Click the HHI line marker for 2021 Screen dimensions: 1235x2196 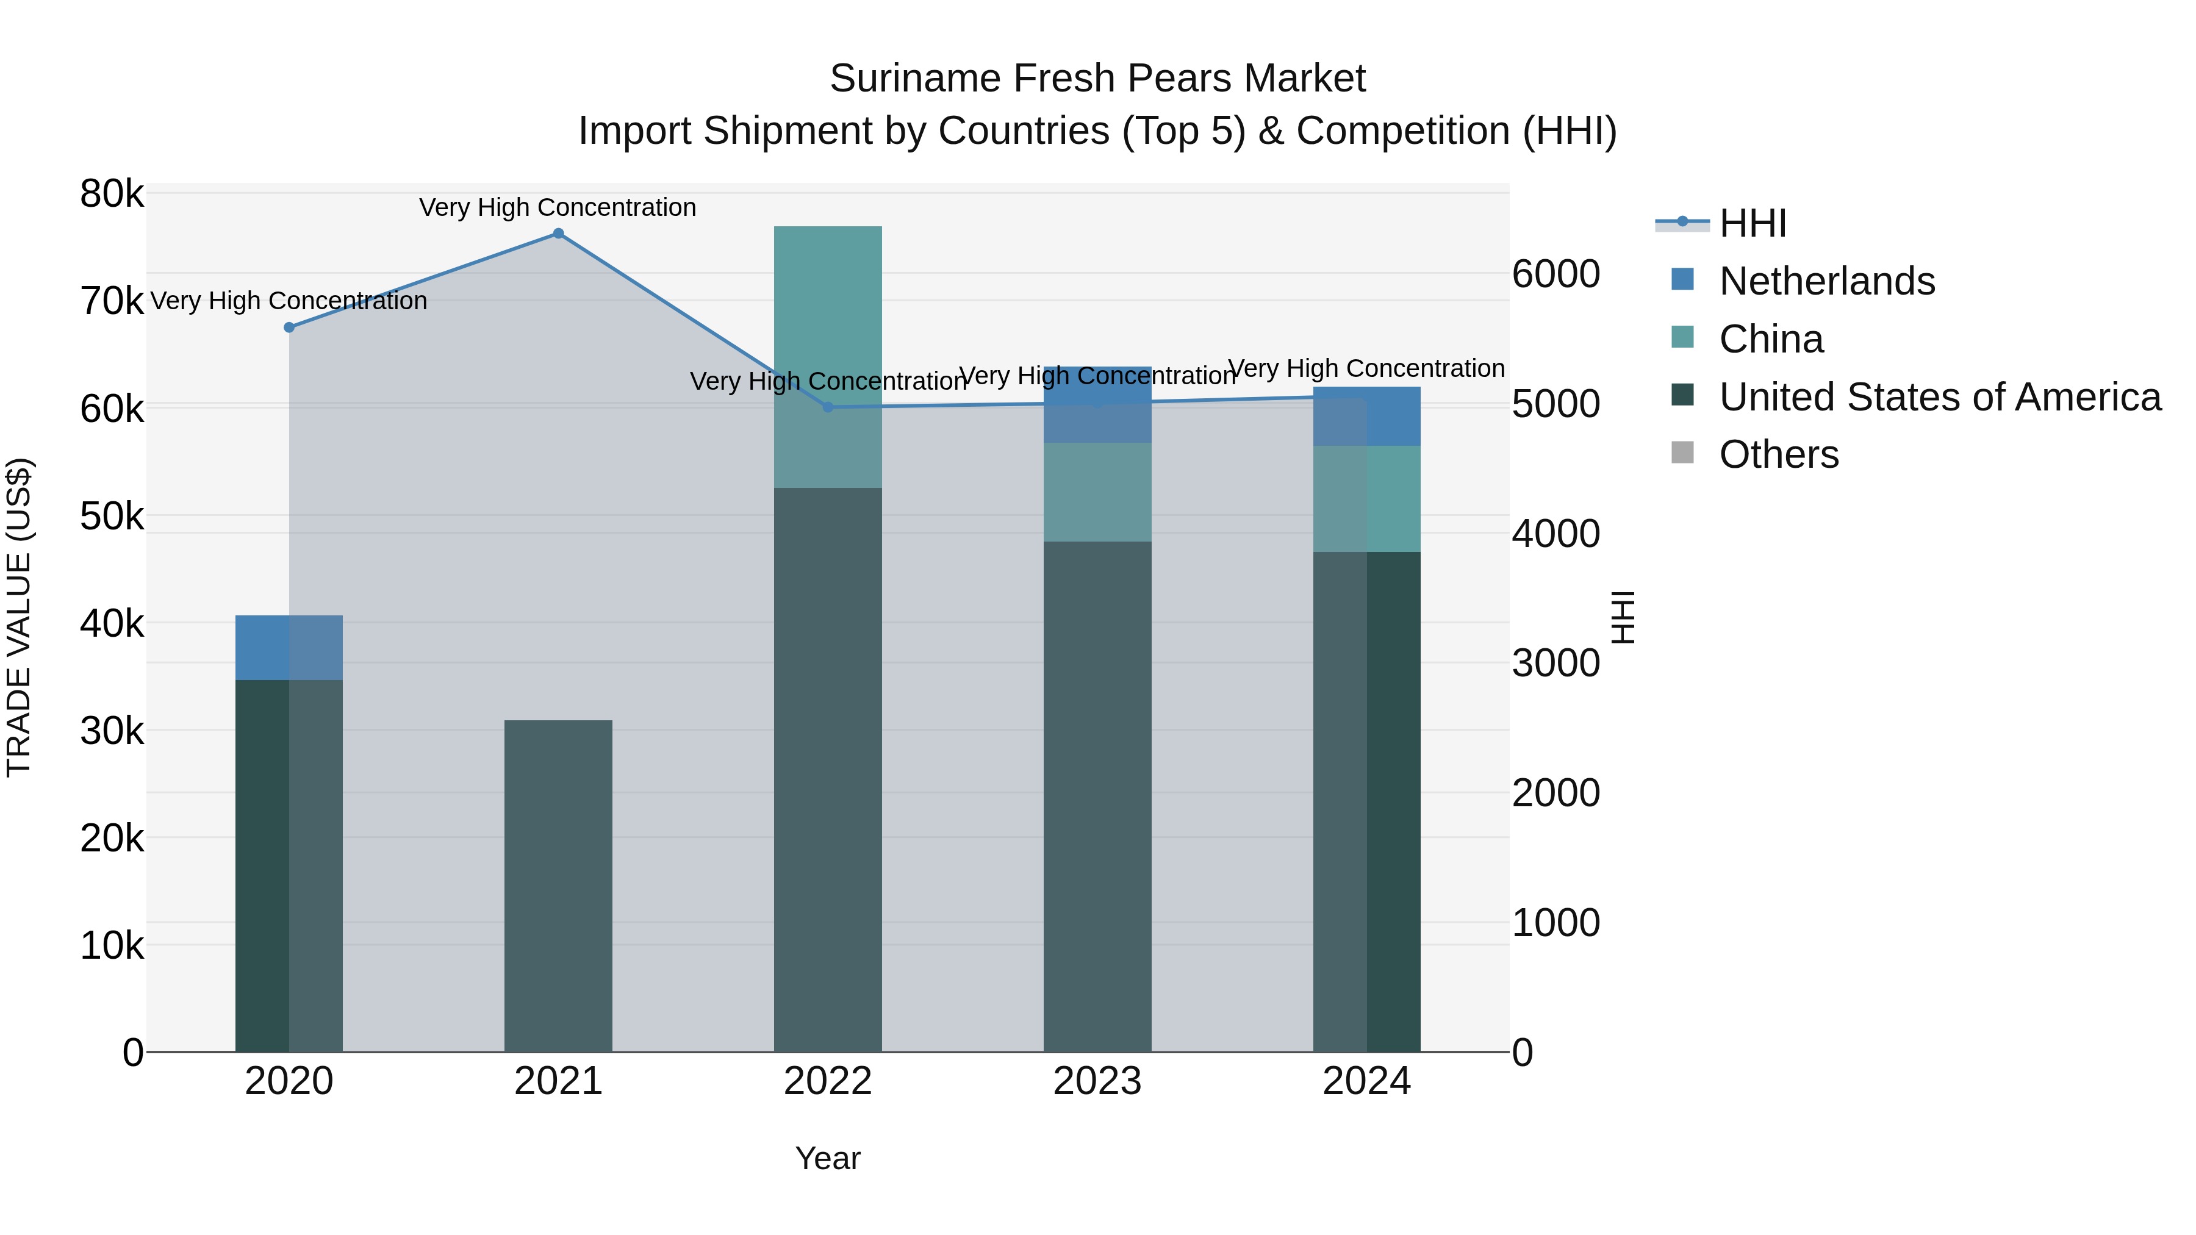click(x=558, y=234)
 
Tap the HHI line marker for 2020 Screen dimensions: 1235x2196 click(x=289, y=328)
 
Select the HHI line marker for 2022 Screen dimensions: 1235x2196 click(x=828, y=407)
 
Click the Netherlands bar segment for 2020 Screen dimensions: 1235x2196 click(x=289, y=648)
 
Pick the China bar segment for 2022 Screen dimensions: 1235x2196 click(x=828, y=357)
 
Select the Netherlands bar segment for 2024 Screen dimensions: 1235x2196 click(x=1366, y=416)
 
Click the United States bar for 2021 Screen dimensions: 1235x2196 click(x=558, y=886)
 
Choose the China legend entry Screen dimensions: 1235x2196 click(x=1771, y=339)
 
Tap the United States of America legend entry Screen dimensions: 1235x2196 click(x=1939, y=397)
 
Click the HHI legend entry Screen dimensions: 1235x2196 click(x=1752, y=223)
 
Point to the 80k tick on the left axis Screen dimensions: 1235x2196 click(x=112, y=195)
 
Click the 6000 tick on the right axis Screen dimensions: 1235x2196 click(x=1555, y=274)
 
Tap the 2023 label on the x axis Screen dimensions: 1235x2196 click(x=1097, y=1081)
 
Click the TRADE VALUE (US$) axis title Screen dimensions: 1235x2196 click(x=19, y=617)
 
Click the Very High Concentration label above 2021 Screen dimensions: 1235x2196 click(x=558, y=207)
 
